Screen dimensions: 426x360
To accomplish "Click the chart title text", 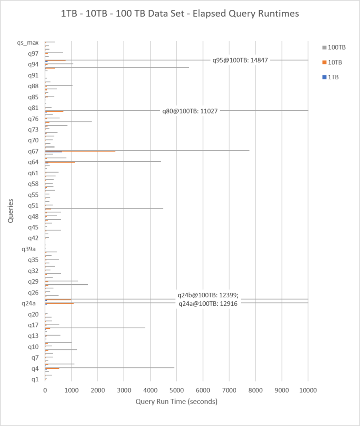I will point(180,14).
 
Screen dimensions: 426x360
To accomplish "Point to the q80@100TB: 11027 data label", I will point(190,111).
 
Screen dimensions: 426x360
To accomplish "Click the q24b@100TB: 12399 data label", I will point(208,295).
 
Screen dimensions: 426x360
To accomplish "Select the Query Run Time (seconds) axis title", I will point(176,401).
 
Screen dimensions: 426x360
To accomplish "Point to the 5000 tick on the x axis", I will point(176,389).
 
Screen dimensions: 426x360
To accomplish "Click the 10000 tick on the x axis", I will point(308,389).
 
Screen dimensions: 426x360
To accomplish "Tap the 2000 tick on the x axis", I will point(98,389).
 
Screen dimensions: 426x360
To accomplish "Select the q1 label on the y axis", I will point(34,379).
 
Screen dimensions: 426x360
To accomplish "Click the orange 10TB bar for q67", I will point(81,151).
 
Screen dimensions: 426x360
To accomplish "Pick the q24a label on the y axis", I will point(30,304).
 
